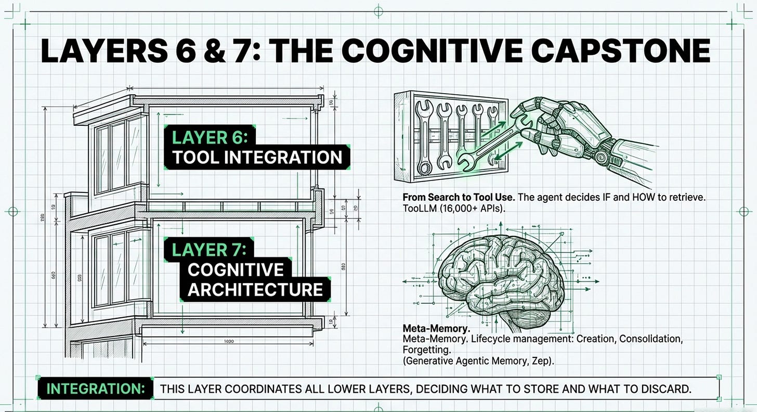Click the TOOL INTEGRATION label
pyautogui.click(x=257, y=158)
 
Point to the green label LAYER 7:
pyautogui.click(x=210, y=249)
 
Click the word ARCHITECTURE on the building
pyautogui.click(x=255, y=290)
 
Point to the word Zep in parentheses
pyautogui.click(x=541, y=359)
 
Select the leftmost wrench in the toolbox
pyautogui.click(x=424, y=136)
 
